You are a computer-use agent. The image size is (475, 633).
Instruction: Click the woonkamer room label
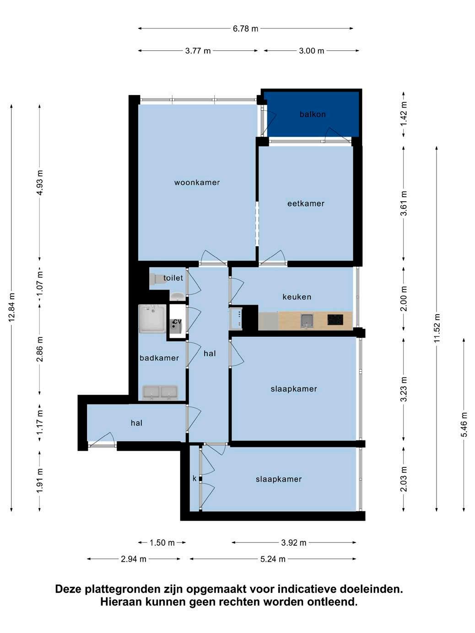coord(197,182)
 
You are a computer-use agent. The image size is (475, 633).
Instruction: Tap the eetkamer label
coord(306,204)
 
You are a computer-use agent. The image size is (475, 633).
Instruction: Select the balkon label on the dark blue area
coord(313,114)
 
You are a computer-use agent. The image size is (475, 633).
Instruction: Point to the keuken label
coord(297,297)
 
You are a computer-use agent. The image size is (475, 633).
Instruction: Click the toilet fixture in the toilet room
coord(156,279)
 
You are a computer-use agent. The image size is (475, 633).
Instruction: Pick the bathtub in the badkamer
coord(152,319)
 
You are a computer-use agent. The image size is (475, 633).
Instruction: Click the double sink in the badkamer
coord(160,392)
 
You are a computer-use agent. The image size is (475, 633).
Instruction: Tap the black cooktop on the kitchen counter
coord(335,320)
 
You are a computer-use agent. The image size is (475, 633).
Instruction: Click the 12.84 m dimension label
coord(12,307)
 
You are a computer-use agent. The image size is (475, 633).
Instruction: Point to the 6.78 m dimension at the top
coord(245,29)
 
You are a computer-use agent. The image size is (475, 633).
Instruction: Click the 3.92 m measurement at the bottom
coord(294,543)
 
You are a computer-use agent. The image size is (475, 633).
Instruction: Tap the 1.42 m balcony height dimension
coord(404,113)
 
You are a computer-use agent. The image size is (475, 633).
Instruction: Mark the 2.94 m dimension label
coord(134,559)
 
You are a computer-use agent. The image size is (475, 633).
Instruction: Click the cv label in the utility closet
coord(177,321)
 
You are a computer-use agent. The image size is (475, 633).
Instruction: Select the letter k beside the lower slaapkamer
coord(194,478)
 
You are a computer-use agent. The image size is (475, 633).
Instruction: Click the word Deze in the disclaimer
coord(68,589)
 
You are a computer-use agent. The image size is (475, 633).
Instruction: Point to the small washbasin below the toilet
coord(178,296)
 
